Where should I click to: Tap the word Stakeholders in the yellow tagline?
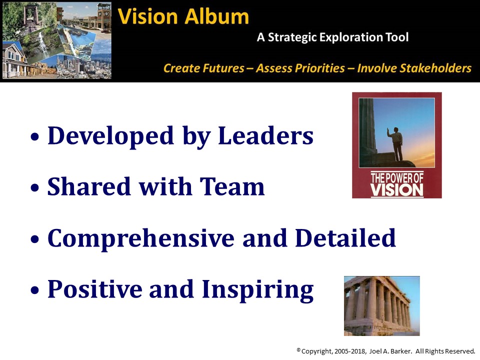[x=414, y=68]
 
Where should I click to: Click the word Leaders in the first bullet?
[x=265, y=135]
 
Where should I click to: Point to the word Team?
[x=232, y=186]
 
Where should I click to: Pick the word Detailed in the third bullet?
[x=345, y=238]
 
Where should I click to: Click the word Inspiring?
[x=258, y=290]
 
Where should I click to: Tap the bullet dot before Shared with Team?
[x=35, y=187]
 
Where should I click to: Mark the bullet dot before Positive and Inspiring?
[x=35, y=290]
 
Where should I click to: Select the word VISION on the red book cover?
[x=397, y=190]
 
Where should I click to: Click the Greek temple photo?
[x=381, y=306]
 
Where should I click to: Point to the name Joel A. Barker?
[x=389, y=351]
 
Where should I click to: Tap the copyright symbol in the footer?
[x=298, y=349]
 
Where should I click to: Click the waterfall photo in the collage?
[x=40, y=44]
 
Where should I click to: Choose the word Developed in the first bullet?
[x=110, y=136]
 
